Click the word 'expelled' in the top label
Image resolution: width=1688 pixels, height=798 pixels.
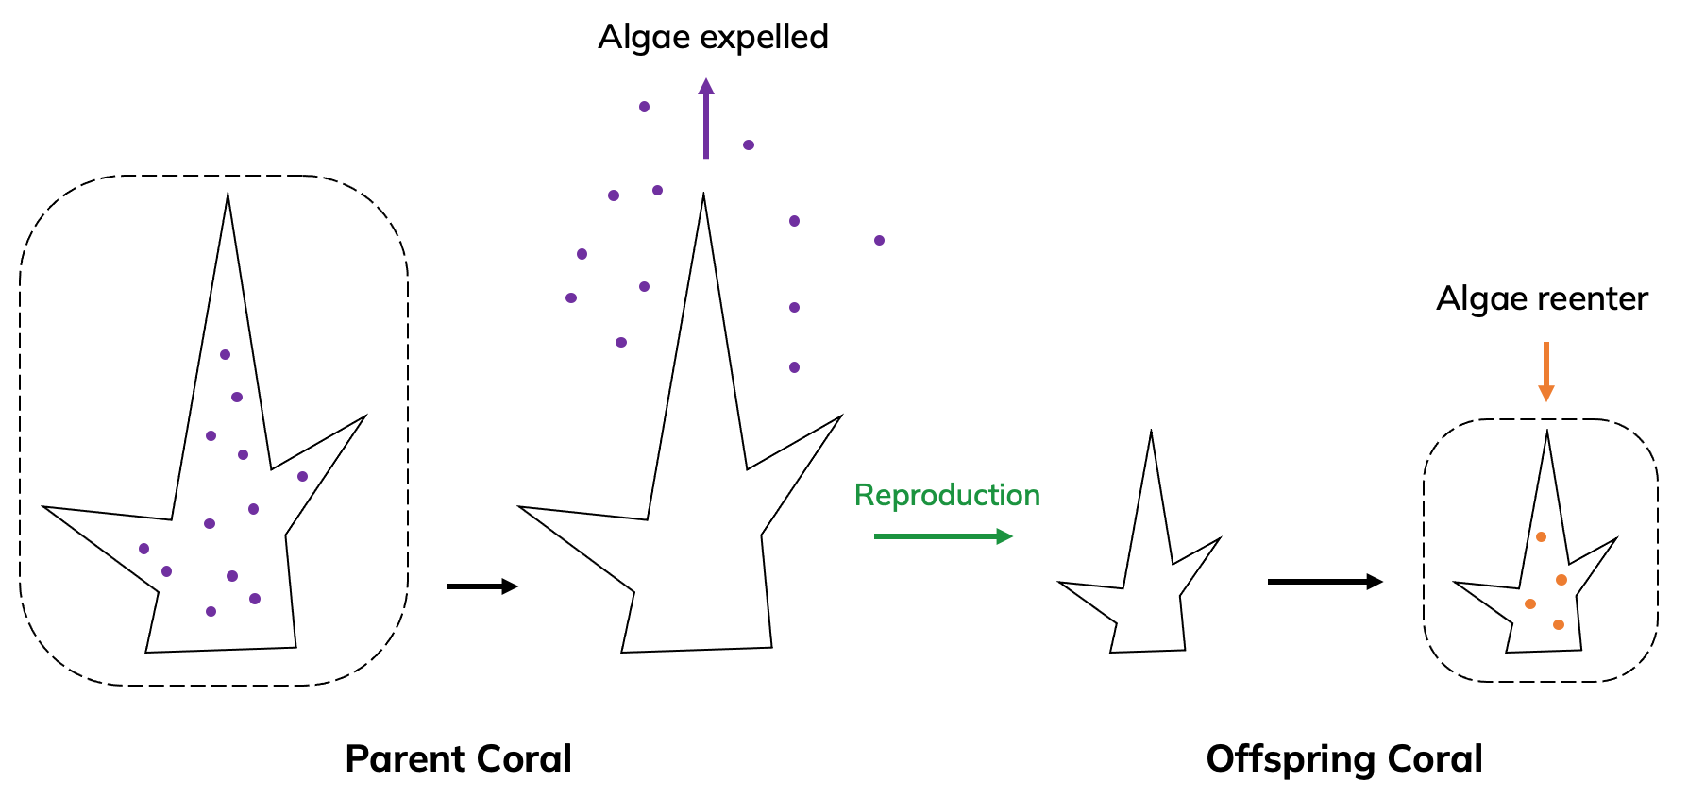pyautogui.click(x=764, y=38)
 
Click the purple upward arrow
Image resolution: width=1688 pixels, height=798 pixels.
pyautogui.click(x=706, y=119)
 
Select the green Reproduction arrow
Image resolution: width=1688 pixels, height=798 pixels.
pyautogui.click(x=942, y=536)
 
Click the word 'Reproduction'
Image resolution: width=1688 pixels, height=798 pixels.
pyautogui.click(x=947, y=496)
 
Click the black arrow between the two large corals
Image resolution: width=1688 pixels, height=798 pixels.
pyautogui.click(x=482, y=586)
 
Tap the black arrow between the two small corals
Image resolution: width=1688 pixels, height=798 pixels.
pyautogui.click(x=1325, y=582)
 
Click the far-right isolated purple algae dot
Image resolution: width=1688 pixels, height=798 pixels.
pyautogui.click(x=879, y=241)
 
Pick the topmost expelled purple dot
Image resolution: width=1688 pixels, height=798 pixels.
pyautogui.click(x=644, y=107)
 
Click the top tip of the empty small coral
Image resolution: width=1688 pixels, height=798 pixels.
pyautogui.click(x=1151, y=433)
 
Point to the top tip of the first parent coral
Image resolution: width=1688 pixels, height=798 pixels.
pyautogui.click(x=228, y=195)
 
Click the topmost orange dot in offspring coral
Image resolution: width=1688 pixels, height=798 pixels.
pyautogui.click(x=1541, y=537)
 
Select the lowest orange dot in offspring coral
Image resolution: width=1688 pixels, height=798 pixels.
pyautogui.click(x=1558, y=624)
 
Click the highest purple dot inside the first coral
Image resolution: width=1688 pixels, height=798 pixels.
pyautogui.click(x=225, y=355)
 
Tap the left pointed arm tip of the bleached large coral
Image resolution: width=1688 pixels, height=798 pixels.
pyautogui.click(x=521, y=508)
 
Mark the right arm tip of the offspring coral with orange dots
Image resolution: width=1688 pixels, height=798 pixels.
pyautogui.click(x=1615, y=540)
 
